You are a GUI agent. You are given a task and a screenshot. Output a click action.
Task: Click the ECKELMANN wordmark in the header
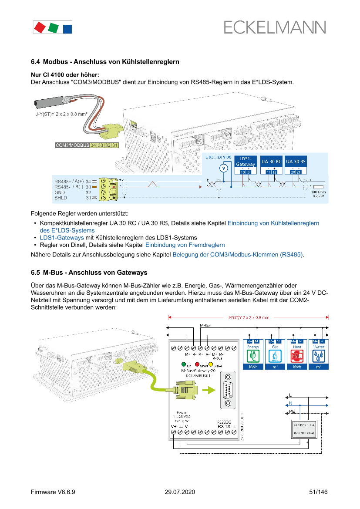[x=275, y=27]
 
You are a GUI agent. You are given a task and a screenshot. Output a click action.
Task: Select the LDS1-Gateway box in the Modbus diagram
[x=245, y=162]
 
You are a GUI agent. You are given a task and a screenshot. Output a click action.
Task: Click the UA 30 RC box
[x=271, y=162]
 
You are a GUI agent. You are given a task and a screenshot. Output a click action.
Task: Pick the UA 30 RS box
[x=296, y=162]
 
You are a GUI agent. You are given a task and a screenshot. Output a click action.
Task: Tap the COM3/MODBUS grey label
[x=72, y=145]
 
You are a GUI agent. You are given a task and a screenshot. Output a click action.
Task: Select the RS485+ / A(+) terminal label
[x=69, y=181]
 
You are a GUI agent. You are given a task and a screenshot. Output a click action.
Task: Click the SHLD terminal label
[x=61, y=198]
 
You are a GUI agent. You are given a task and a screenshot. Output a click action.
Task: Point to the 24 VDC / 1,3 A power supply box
[x=305, y=428]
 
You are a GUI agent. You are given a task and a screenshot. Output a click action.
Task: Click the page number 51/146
[x=318, y=492]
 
